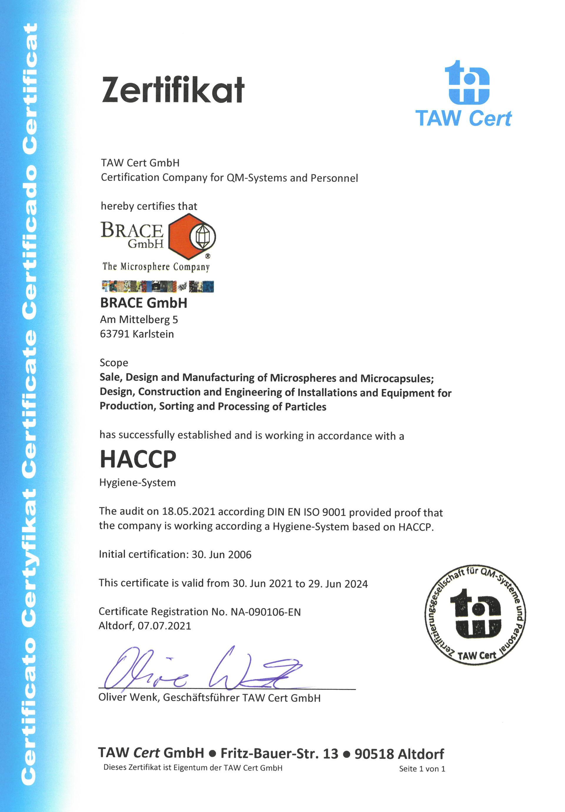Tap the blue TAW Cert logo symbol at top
click(x=466, y=83)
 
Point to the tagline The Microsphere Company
click(x=156, y=266)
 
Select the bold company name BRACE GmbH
click(x=144, y=303)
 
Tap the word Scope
click(x=114, y=362)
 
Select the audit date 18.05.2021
click(x=188, y=511)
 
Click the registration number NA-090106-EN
click(x=265, y=612)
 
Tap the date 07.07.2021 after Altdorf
click(x=164, y=626)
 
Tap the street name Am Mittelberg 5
click(x=139, y=319)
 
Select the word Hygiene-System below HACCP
click(x=137, y=482)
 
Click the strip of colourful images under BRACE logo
click(x=158, y=286)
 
